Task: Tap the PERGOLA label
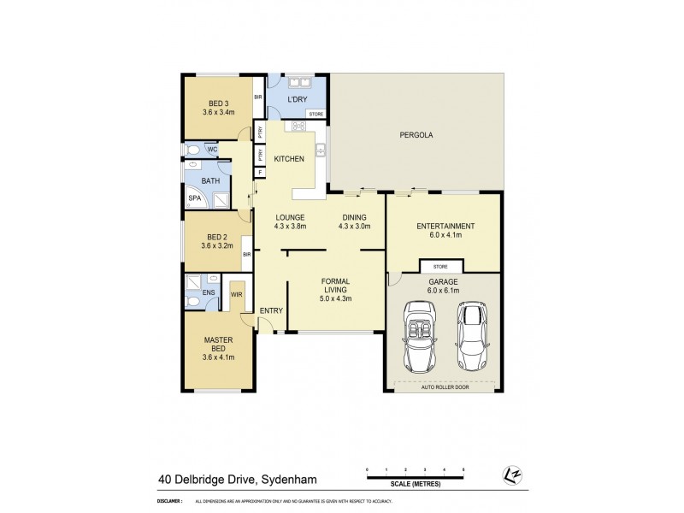pos(416,135)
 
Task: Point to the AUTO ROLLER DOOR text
pos(444,387)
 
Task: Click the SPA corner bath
pos(194,198)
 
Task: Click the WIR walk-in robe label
pos(237,295)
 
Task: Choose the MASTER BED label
pos(218,344)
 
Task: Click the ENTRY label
pos(271,310)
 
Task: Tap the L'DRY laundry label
pos(298,100)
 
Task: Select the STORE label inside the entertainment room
pos(439,267)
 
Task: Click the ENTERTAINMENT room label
pos(445,226)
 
